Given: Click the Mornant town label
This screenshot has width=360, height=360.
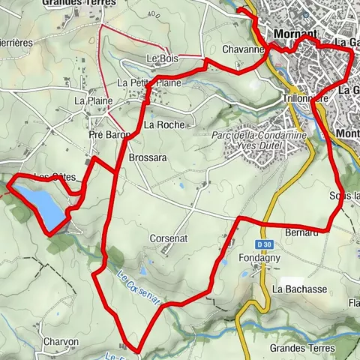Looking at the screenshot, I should click(295, 35).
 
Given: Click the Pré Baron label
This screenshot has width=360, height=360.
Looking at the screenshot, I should click(109, 135).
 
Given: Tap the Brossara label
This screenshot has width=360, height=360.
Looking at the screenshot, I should click(147, 159).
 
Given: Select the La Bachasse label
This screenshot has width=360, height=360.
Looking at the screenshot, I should click(297, 289).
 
